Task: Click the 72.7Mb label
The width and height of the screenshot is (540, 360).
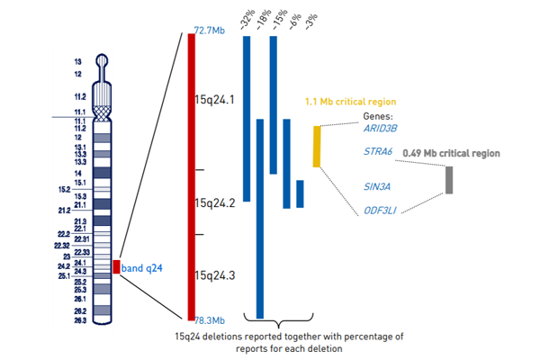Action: pyautogui.click(x=209, y=31)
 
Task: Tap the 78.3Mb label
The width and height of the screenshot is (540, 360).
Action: pyautogui.click(x=209, y=319)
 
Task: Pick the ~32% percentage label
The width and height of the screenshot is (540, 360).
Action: pyautogui.click(x=247, y=20)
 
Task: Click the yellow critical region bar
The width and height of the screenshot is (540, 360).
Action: pyautogui.click(x=317, y=147)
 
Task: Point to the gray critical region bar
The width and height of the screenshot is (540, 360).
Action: pyautogui.click(x=448, y=180)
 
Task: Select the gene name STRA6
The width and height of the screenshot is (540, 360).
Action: pyautogui.click(x=377, y=151)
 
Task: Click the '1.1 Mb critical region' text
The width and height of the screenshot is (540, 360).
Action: pyautogui.click(x=351, y=102)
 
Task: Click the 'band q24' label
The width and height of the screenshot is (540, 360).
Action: pyautogui.click(x=142, y=267)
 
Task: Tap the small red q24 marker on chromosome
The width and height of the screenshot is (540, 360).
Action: pyautogui.click(x=116, y=266)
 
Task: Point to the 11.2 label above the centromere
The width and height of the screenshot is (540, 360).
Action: pyautogui.click(x=80, y=95)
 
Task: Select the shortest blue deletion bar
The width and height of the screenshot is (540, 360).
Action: pyautogui.click(x=300, y=193)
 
